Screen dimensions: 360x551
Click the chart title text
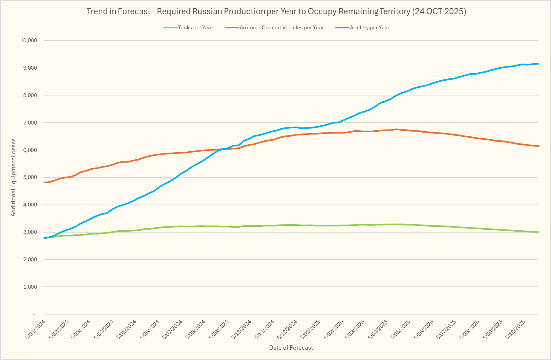pyautogui.click(x=276, y=12)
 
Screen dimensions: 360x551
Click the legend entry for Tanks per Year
pyautogui.click(x=195, y=28)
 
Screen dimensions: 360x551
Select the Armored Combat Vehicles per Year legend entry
pyautogui.click(x=281, y=28)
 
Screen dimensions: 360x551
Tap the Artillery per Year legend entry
pyautogui.click(x=369, y=28)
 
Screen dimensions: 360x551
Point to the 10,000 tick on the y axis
pyautogui.click(x=29, y=41)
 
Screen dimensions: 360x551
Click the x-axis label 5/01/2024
pyautogui.click(x=36, y=329)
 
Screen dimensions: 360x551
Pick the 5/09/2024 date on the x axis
pyautogui.click(x=219, y=329)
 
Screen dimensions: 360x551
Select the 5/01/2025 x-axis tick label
pyautogui.click(x=311, y=329)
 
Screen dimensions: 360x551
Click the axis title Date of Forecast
pyautogui.click(x=291, y=348)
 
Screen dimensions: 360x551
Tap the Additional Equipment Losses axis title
pyautogui.click(x=13, y=177)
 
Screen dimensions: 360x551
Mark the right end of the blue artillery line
pyautogui.click(x=538, y=64)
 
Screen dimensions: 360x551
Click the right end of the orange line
pyautogui.click(x=538, y=146)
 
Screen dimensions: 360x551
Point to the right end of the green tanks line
pyautogui.click(x=538, y=232)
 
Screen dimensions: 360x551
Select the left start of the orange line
pyautogui.click(x=44, y=183)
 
